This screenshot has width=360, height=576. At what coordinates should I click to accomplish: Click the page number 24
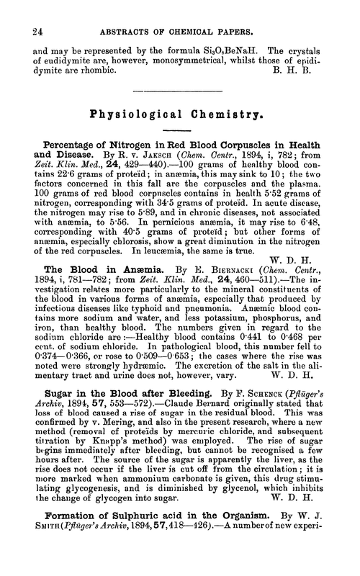click(30, 11)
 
